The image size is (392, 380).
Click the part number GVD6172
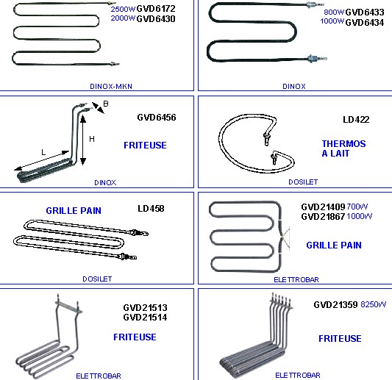156,9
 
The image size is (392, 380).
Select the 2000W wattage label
123,18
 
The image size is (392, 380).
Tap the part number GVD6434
365,23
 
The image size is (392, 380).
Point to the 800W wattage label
334,12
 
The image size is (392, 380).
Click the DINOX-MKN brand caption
111,87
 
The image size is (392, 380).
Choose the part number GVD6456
157,118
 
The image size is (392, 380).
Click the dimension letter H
92,139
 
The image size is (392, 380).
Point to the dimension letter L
43,152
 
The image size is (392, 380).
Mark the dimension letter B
106,104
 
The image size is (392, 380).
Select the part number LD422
356,120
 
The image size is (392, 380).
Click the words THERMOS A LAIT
343,148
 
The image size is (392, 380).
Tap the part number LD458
151,209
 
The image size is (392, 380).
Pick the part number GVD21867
323,216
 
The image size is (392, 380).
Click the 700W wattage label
357,207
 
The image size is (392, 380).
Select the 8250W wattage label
374,304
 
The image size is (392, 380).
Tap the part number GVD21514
145,318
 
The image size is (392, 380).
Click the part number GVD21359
335,305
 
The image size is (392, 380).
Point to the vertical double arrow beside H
83,140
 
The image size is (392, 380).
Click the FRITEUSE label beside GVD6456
145,146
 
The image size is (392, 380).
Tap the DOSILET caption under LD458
97,279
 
